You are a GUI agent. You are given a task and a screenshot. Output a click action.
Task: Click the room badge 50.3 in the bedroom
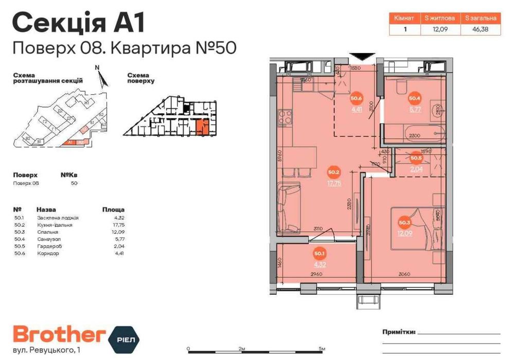click(x=404, y=223)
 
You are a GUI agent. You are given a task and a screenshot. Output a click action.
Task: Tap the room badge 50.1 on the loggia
click(x=319, y=253)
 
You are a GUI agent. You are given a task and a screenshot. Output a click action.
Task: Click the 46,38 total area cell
click(x=480, y=29)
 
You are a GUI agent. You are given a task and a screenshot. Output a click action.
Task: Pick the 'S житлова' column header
click(x=437, y=18)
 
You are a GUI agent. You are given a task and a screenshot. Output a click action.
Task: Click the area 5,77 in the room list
click(x=118, y=239)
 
